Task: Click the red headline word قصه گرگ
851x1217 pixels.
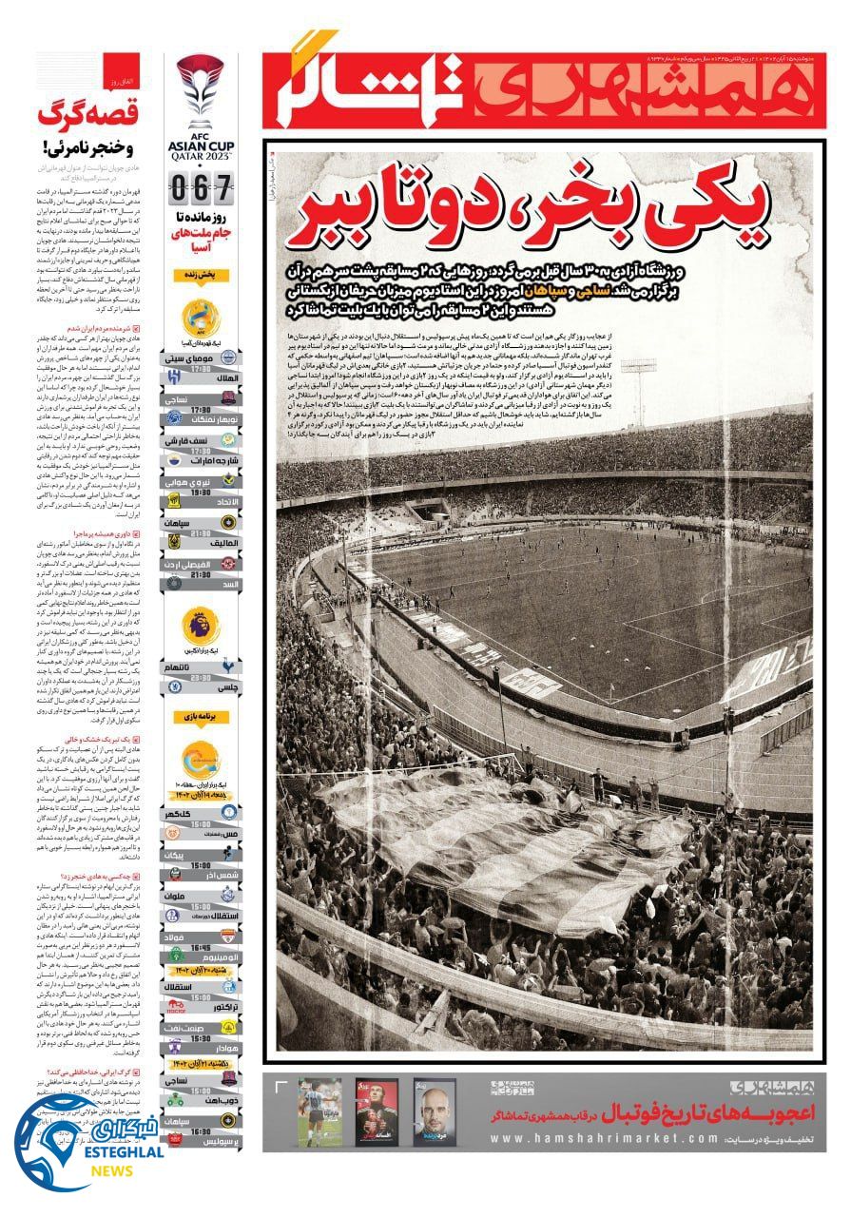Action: [89, 118]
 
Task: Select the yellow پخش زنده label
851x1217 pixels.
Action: [201, 274]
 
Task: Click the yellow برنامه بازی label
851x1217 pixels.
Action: [201, 715]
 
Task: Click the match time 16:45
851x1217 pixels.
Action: [201, 948]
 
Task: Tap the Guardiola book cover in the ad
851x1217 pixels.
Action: [435, 1111]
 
